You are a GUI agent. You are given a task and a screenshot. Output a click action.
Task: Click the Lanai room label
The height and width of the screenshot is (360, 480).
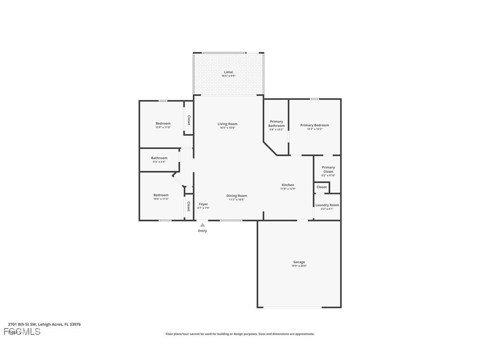click(228, 72)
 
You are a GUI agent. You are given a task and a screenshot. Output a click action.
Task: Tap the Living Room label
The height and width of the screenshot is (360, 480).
click(228, 124)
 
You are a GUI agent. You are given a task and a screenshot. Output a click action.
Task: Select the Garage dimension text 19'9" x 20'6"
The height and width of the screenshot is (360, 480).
click(299, 266)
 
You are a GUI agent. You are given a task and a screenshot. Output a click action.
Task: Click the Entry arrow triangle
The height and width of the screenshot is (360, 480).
click(202, 225)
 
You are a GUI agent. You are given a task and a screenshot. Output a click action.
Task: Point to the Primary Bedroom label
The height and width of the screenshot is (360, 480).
click(314, 125)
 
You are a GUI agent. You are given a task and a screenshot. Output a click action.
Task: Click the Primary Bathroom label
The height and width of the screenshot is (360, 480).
click(276, 123)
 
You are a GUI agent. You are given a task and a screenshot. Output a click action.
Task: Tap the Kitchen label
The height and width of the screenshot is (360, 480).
click(288, 185)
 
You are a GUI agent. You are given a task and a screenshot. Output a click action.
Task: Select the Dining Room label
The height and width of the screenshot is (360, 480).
click(236, 195)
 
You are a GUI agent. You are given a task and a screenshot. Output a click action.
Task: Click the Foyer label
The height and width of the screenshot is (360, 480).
click(203, 204)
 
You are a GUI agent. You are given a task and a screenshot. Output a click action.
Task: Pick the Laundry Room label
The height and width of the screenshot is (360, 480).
click(327, 205)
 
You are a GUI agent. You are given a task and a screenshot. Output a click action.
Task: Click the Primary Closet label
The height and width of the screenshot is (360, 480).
click(328, 169)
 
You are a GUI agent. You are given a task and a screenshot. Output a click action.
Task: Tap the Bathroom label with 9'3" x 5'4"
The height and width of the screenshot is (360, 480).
click(159, 158)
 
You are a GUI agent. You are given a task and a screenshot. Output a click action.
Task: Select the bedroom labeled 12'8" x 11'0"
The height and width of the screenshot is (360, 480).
click(163, 123)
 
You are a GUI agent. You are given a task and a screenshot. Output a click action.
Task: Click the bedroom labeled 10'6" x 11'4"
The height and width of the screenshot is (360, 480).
click(161, 195)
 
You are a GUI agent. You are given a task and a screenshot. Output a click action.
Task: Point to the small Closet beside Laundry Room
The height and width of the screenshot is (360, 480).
click(322, 187)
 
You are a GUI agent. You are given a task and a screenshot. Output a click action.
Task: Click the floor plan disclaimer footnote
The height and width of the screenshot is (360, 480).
click(240, 334)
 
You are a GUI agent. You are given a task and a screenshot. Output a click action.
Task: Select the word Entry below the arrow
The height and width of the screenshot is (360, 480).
click(202, 231)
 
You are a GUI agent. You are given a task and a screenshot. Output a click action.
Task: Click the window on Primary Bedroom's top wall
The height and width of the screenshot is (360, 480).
click(314, 99)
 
